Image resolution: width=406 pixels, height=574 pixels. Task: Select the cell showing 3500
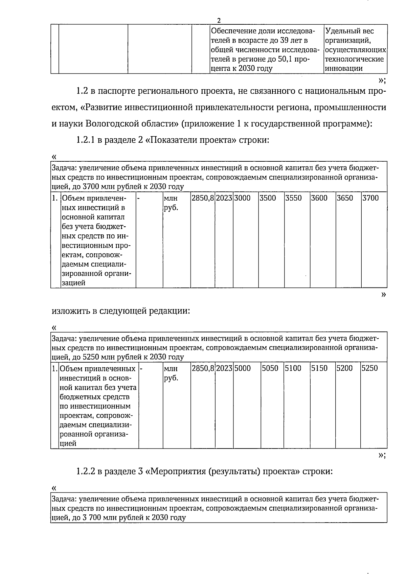268,198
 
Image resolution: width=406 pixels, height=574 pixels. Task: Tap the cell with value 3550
293,198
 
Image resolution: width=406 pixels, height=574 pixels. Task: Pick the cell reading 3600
319,198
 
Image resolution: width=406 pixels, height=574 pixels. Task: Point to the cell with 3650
345,198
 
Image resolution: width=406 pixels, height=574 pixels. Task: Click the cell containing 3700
370,198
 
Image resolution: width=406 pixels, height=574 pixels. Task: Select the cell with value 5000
243,368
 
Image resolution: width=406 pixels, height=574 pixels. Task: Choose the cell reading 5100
293,368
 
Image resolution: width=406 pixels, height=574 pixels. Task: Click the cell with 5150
319,368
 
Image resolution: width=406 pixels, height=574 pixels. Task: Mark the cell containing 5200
344,368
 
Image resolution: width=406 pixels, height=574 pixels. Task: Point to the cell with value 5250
370,368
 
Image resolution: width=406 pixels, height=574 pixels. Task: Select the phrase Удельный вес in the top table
349,31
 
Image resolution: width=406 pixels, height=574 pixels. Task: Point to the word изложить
71,311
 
